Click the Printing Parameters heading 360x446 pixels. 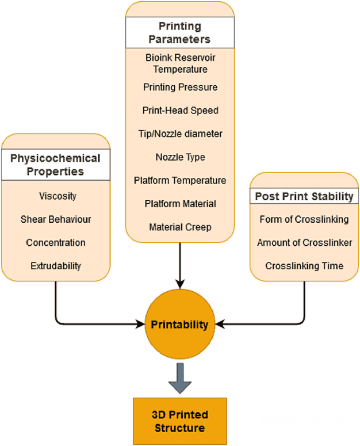(x=179, y=33)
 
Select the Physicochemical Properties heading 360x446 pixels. (x=55, y=165)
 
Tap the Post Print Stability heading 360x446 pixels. (x=304, y=196)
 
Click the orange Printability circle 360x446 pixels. (x=179, y=325)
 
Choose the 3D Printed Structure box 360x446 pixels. (x=179, y=421)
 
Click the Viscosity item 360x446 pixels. (x=58, y=196)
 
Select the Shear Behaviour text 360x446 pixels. (x=56, y=219)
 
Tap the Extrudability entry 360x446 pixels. (x=56, y=266)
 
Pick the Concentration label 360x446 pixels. (x=56, y=243)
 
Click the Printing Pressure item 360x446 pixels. (x=180, y=87)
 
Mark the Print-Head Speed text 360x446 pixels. (x=180, y=110)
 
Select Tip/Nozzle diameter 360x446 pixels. (x=180, y=134)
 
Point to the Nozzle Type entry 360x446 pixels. (x=180, y=157)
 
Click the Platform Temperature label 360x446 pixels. (x=180, y=181)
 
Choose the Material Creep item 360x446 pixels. (x=180, y=227)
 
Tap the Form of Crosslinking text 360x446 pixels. (x=304, y=219)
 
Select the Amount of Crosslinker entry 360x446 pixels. (x=304, y=243)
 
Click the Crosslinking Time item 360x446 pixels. (x=304, y=266)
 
